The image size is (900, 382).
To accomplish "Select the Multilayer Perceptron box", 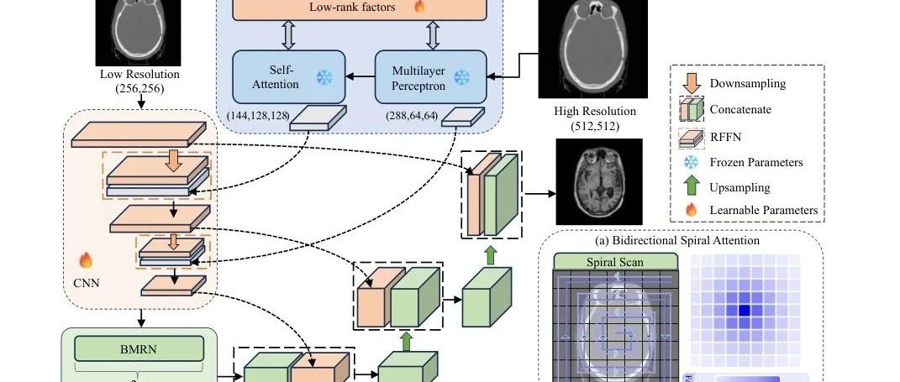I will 429,77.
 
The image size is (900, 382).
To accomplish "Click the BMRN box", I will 139,348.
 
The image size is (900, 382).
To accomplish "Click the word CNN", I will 87,282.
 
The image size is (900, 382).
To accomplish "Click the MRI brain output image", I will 598,181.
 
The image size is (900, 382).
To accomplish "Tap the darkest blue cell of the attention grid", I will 744,311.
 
